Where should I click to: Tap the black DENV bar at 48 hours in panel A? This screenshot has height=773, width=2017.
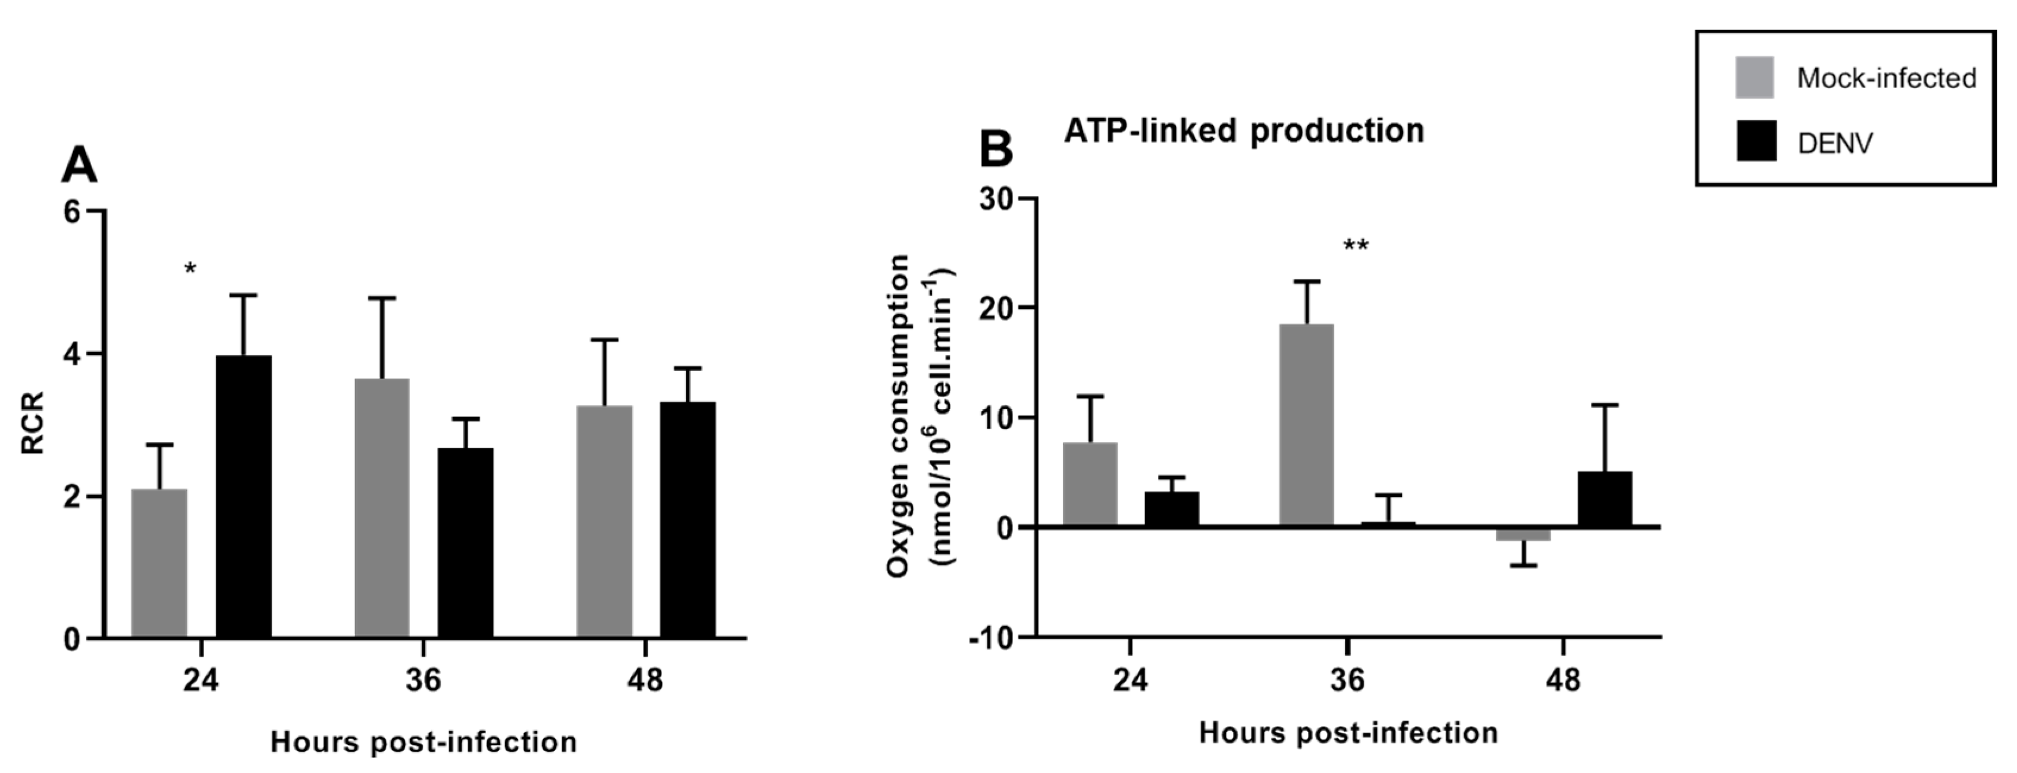686,520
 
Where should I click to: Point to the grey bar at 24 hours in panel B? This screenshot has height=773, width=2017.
1090,485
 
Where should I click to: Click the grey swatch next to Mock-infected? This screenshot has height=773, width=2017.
1754,77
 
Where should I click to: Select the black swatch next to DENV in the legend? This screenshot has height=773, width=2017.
1755,141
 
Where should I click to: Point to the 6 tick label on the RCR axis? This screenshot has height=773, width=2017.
73,212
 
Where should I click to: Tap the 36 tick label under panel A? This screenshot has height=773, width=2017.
423,680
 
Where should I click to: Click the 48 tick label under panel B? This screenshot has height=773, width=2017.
1563,680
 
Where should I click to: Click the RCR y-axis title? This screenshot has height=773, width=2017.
33,424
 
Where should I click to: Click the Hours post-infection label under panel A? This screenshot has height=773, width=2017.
423,741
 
